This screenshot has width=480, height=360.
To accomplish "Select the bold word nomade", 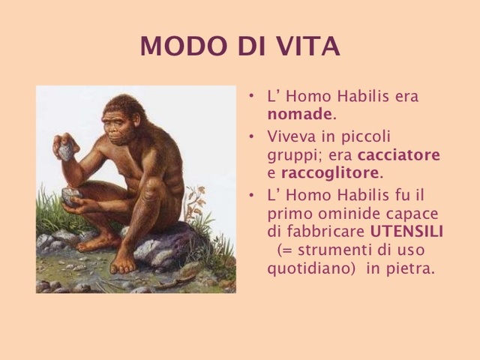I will click(299, 115).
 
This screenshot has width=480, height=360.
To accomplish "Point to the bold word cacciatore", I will click(399, 155).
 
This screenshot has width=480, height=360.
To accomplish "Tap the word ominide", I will click(337, 213).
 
